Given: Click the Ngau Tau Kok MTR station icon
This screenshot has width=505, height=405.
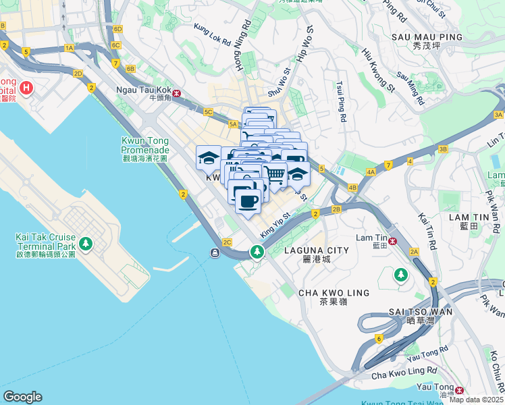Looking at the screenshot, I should coord(177,94).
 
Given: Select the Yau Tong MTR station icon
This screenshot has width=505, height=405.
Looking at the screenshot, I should coord(460,389).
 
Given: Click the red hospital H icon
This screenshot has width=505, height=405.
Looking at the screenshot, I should coord(26,87).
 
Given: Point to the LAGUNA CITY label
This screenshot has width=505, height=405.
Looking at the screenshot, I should coord(317,250).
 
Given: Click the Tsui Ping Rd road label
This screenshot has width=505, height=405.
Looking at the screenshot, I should coord(342,102).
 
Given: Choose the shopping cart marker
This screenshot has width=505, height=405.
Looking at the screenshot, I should coord(274,173).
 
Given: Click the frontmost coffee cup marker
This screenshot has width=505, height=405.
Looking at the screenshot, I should coord(248,201).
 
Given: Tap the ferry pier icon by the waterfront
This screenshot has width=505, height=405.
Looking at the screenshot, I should coord(214,252).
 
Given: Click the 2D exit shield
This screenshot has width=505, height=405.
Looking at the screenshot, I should coord(78,73).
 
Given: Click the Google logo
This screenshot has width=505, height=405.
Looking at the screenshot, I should coord(22,396).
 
